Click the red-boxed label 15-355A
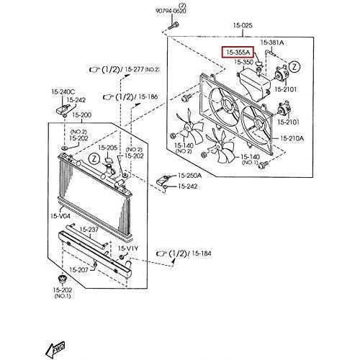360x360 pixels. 238,53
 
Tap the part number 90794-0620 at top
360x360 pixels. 171,11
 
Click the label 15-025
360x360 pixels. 243,25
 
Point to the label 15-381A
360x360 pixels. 272,42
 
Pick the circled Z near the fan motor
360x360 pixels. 294,67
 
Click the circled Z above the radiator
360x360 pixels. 95,158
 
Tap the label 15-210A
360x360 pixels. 292,138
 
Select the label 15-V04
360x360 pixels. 60,216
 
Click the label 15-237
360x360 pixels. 89,230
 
